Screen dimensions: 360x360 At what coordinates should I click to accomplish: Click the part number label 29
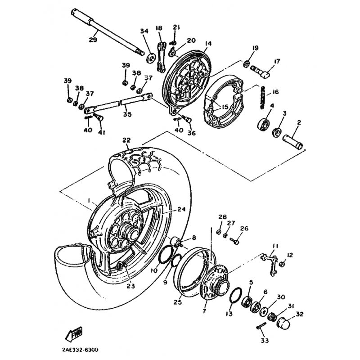point(93,40)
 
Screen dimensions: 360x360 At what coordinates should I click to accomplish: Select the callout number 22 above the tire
point(126,139)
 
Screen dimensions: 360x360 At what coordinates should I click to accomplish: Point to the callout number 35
point(127,114)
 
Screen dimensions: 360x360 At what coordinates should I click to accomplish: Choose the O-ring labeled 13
point(235,297)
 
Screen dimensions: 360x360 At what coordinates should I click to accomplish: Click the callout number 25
point(177,302)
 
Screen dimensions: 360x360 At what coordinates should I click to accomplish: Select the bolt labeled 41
point(99,118)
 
